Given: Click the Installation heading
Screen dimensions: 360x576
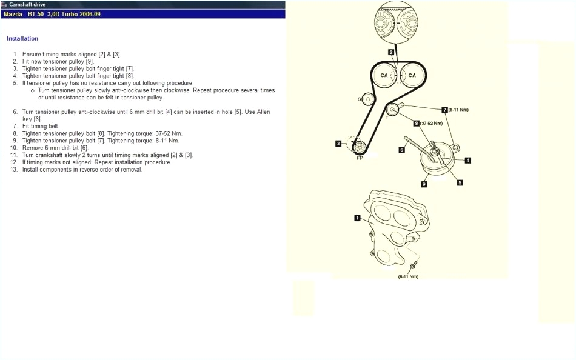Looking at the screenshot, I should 22,39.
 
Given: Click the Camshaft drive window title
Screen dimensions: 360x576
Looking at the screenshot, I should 27,4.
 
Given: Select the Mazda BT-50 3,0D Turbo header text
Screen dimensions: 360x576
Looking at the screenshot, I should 52,13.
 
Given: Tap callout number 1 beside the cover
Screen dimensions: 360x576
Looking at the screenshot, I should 357,217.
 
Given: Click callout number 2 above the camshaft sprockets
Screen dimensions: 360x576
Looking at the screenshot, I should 391,53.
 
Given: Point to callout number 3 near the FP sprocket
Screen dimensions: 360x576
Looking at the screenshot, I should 338,143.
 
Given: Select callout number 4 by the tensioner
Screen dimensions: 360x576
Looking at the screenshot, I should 468,161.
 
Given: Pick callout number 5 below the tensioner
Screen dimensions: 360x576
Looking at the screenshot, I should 460,182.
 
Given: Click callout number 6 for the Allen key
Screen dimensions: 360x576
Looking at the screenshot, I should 401,149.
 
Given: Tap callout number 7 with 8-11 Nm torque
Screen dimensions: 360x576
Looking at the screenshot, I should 444,110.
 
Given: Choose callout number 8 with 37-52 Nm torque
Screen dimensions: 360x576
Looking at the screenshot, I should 417,123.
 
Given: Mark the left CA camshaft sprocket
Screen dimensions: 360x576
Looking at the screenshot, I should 384,75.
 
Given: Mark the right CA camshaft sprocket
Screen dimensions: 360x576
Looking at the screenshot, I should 412,75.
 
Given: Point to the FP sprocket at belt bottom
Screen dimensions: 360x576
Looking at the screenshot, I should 359,147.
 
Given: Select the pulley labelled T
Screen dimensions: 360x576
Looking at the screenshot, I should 392,110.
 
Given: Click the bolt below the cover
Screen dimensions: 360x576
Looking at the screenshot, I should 412,265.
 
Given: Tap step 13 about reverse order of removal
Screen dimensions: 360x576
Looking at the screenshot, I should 82,170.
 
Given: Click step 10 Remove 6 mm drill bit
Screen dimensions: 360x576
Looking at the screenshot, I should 55,148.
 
